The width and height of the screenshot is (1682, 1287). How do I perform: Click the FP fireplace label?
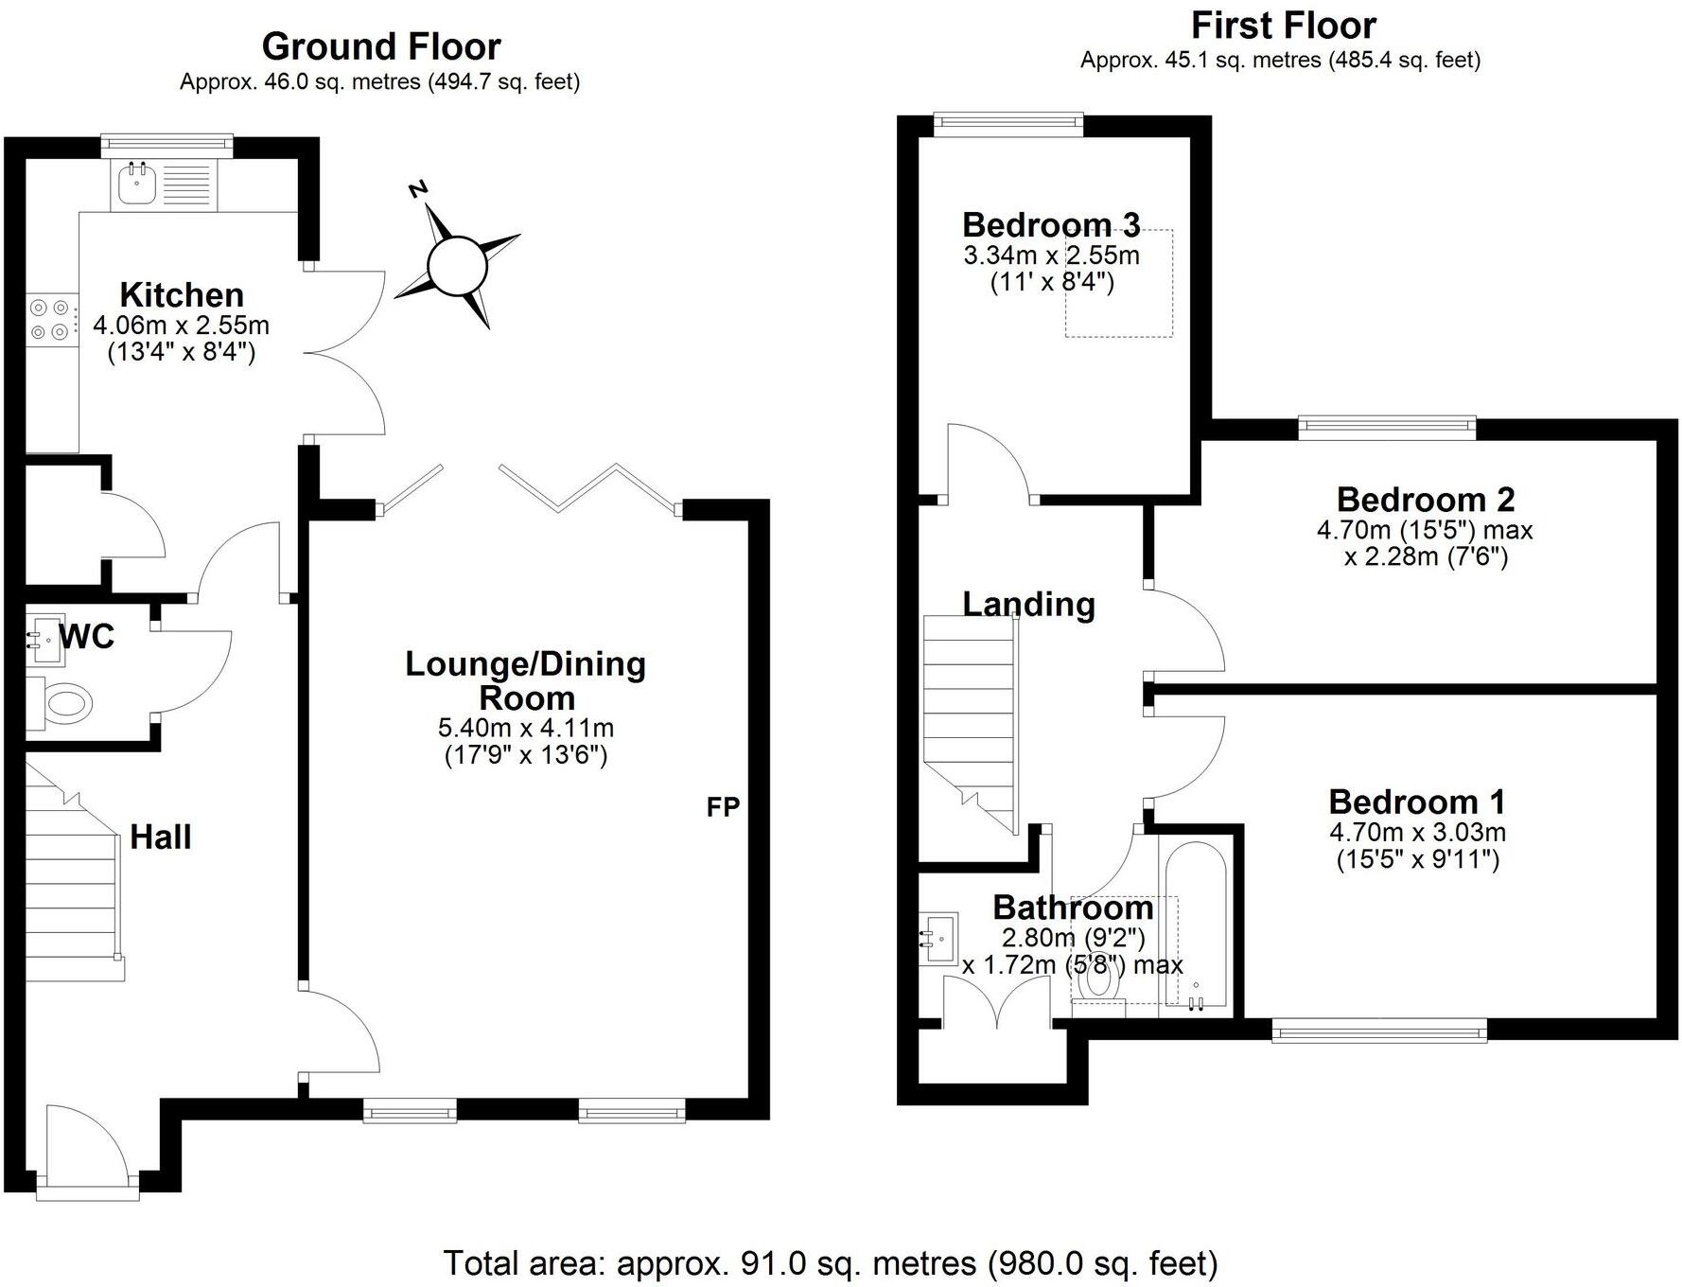(723, 807)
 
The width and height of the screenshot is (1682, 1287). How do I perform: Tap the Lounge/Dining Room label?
(526, 680)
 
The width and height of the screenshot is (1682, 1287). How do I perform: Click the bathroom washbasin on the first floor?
(938, 939)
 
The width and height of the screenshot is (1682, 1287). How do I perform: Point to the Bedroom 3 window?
(1007, 120)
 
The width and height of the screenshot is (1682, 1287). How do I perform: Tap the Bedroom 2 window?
(1387, 427)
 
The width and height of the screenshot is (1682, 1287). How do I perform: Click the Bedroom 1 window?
(1379, 1031)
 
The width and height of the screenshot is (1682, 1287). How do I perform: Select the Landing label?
(1029, 605)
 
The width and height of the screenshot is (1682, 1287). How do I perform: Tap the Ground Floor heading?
(381, 46)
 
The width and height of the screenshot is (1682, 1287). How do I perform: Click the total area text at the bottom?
(831, 1262)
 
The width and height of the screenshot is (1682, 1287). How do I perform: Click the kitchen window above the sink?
(166, 145)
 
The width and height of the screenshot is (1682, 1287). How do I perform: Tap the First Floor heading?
(1283, 25)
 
